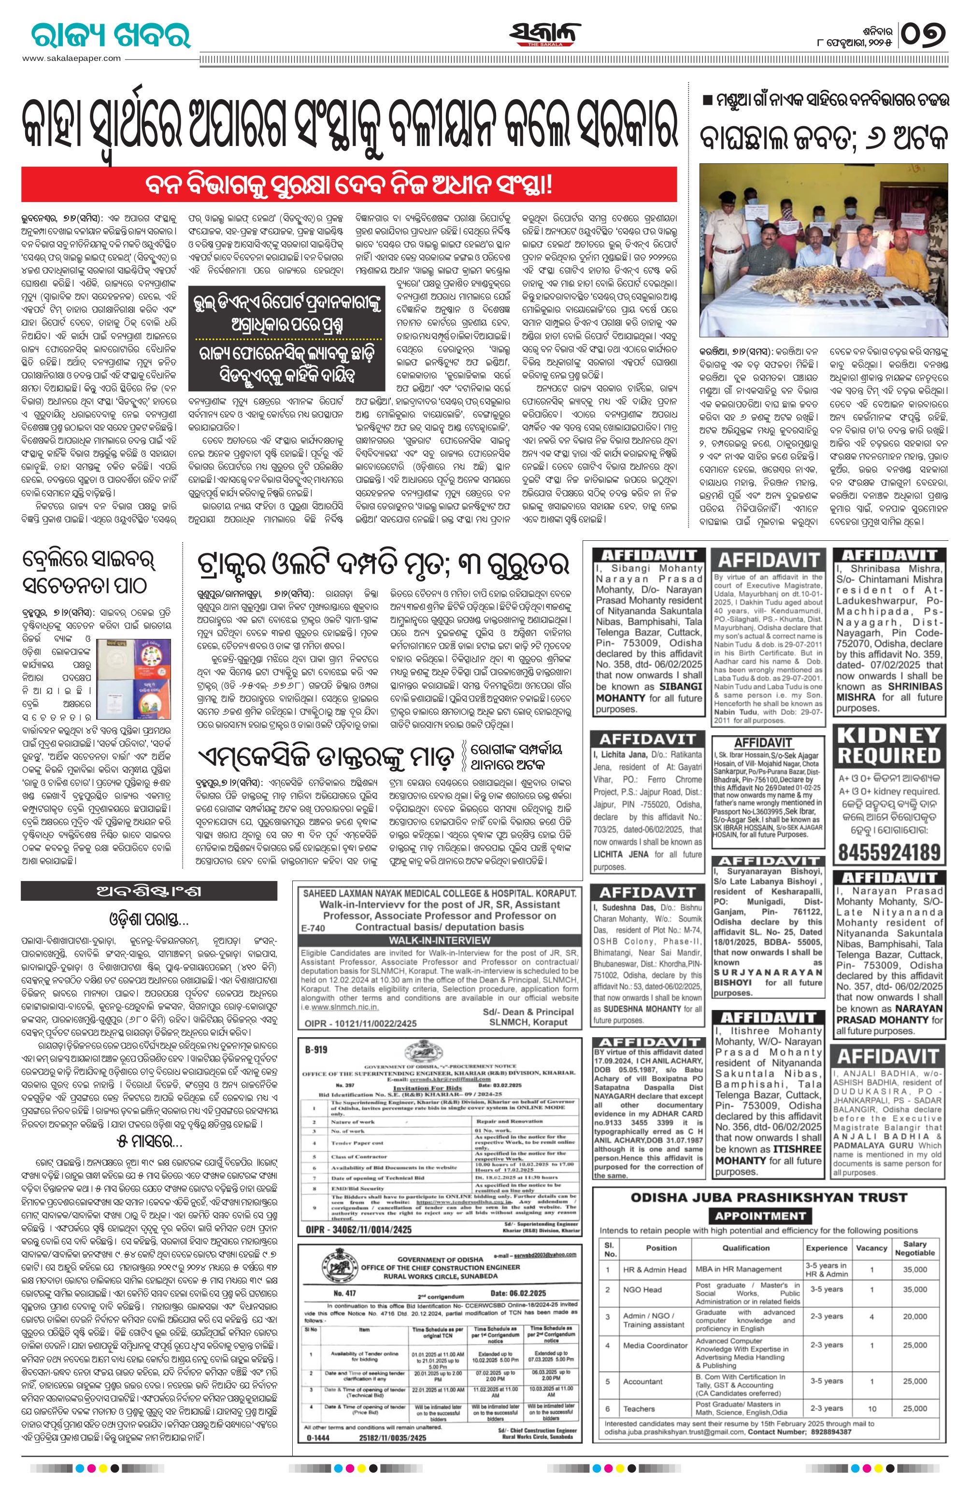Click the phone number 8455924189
click(889, 852)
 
